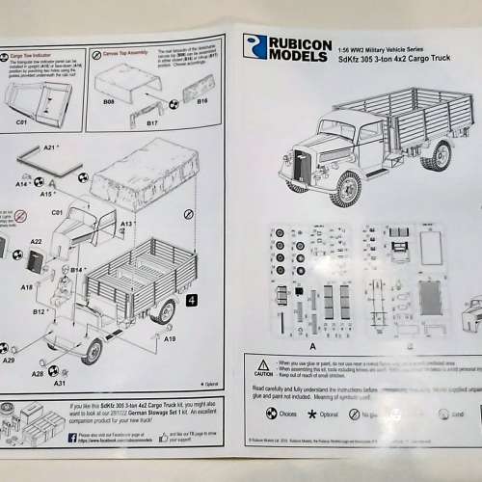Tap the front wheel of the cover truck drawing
345,187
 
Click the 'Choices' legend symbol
272,414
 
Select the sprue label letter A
286,342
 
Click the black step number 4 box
192,300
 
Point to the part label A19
171,339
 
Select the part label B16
203,99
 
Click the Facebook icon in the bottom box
72,438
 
